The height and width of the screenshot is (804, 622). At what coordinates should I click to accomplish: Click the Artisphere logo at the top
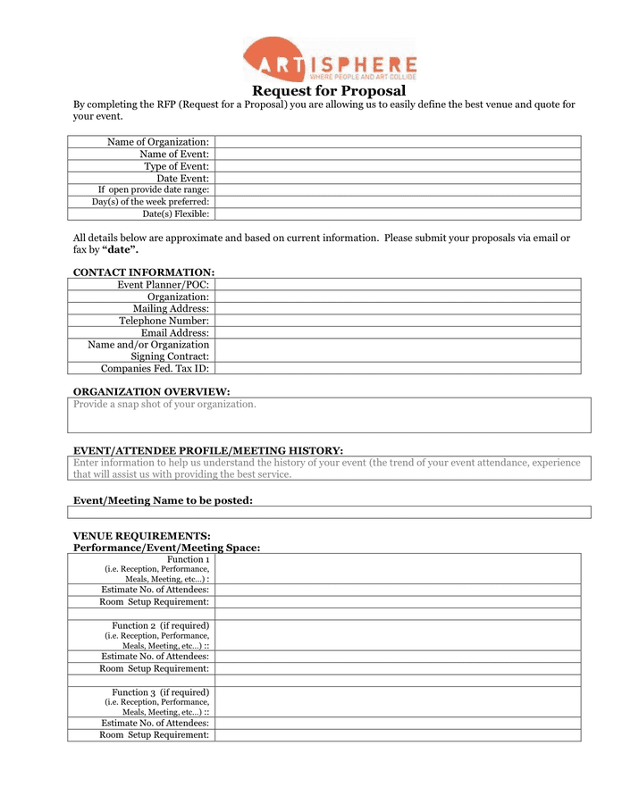(330, 60)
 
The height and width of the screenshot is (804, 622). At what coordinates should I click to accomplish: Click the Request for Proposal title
(328, 91)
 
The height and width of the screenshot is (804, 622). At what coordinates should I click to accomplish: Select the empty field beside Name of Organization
(397, 142)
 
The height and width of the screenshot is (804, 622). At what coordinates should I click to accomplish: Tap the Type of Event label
(176, 166)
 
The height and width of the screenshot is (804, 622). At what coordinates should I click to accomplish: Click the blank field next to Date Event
(397, 178)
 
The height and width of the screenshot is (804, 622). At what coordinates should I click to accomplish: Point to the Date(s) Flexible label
(176, 214)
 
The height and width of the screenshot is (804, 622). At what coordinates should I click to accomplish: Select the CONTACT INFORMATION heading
(143, 272)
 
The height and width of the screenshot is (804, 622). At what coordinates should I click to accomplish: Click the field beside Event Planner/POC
(397, 284)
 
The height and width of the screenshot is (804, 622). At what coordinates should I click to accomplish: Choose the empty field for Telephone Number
(397, 320)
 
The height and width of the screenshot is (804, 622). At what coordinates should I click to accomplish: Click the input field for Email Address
(397, 332)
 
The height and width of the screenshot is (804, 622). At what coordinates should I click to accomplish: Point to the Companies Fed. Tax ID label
(155, 368)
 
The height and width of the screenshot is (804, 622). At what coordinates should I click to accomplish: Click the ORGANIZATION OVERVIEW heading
(151, 391)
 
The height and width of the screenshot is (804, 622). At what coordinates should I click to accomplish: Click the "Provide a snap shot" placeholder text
(164, 405)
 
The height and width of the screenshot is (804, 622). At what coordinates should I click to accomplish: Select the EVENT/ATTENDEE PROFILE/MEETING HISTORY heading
(207, 450)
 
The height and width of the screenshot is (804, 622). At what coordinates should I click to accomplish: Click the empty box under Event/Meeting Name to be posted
(329, 513)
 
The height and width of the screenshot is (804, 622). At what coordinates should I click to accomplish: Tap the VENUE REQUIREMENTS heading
(141, 536)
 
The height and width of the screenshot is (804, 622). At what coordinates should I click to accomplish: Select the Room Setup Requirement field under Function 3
(397, 735)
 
